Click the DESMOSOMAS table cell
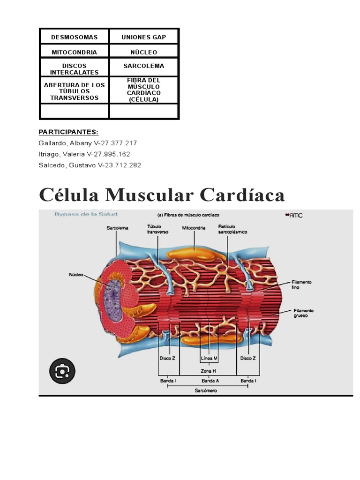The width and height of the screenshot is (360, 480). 74,37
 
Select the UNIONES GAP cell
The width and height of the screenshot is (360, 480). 143,37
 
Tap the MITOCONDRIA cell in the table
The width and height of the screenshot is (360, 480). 74,52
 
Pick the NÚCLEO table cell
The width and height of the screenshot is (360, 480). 143,52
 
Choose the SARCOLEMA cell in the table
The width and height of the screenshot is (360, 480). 143,66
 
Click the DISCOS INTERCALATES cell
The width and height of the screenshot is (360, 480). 74,69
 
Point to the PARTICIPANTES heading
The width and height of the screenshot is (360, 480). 68,132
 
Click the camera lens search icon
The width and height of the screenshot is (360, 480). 62,372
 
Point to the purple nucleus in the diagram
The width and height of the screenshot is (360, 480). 112,295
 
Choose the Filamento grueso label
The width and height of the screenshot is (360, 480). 303,313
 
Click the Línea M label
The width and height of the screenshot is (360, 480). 209,358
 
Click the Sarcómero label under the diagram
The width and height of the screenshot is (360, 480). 206,390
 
